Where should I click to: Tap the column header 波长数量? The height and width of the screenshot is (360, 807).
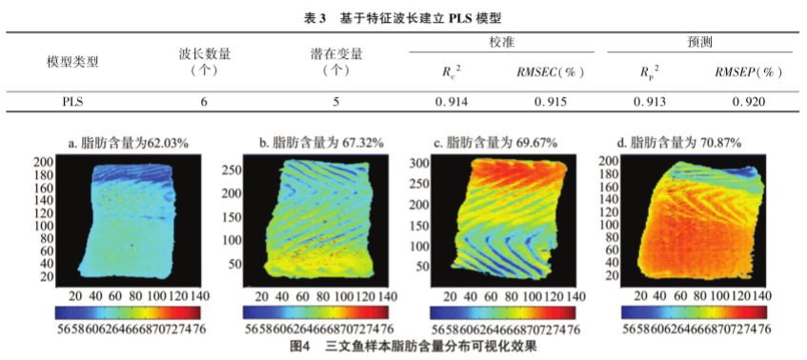pyautogui.click(x=204, y=61)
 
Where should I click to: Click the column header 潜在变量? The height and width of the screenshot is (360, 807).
pyautogui.click(x=334, y=61)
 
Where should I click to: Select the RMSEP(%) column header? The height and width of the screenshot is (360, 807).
pyautogui.click(x=751, y=71)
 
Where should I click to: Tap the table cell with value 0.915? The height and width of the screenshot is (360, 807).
pyautogui.click(x=551, y=100)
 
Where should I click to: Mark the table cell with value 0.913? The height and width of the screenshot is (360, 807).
pyautogui.click(x=648, y=100)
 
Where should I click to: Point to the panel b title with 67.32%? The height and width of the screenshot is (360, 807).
pyautogui.click(x=321, y=143)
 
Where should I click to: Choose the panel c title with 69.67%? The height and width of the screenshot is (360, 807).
pyautogui.click(x=507, y=143)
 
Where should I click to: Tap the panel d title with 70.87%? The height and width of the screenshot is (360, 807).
pyautogui.click(x=692, y=143)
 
